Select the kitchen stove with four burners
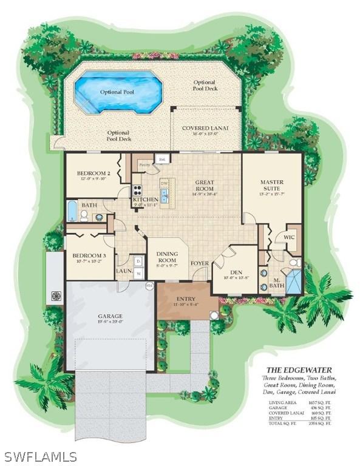click(138, 188)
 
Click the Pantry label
click(144, 164)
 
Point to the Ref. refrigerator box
click(161, 160)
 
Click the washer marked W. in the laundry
click(138, 274)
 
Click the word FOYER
click(200, 263)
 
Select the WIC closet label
click(289, 237)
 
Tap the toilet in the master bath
click(293, 263)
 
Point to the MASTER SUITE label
click(272, 185)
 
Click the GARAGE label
click(110, 316)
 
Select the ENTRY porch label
click(186, 299)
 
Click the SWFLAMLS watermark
click(39, 456)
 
